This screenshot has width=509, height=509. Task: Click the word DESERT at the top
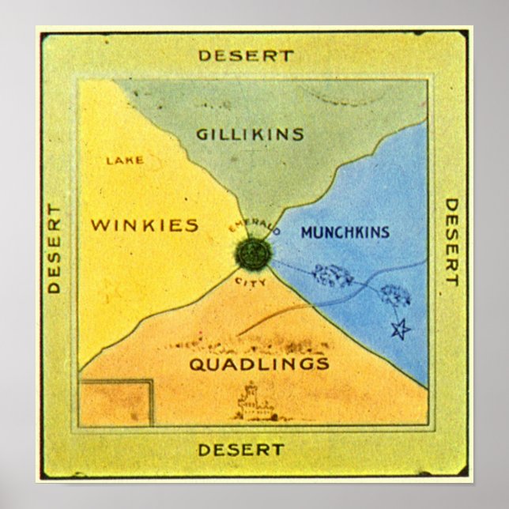pos(246,56)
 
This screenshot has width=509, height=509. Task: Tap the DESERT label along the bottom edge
pos(241,450)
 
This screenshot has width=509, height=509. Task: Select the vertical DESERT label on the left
pos(55,248)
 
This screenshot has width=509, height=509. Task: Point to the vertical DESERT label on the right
pos(451,242)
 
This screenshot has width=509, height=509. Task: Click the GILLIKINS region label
pos(250,134)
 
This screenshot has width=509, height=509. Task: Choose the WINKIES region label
pos(144,225)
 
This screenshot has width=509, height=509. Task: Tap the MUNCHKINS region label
pos(345,232)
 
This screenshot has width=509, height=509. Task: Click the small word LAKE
pos(125,160)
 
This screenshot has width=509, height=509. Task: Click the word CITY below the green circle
pos(251,281)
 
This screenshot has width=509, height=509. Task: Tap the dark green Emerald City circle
pos(253,254)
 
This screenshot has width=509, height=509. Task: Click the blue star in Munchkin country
pos(402,328)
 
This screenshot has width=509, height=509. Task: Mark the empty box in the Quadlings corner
pos(115,402)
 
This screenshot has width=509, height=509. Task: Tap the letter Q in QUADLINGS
pos(195,364)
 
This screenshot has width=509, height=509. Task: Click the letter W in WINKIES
pos(100,225)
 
